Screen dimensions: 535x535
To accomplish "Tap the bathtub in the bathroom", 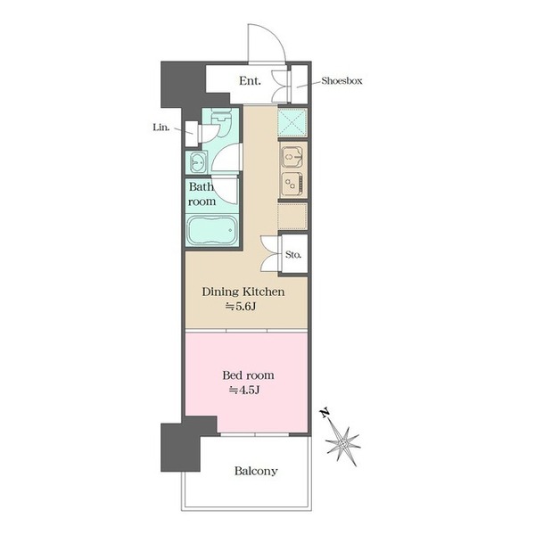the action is [x=212, y=230].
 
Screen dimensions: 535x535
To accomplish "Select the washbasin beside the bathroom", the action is [x=197, y=161].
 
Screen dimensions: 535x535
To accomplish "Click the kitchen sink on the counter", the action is [x=291, y=157].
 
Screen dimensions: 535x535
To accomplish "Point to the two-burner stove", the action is [x=292, y=185].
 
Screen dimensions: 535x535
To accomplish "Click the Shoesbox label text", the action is [x=342, y=81].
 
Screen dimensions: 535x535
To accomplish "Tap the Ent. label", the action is [x=250, y=81].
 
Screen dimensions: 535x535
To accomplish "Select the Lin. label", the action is [x=161, y=128].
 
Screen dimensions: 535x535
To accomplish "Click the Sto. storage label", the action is [x=293, y=254].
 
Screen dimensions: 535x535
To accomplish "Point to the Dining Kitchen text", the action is [x=243, y=292].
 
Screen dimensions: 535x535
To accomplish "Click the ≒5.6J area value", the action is [x=241, y=307].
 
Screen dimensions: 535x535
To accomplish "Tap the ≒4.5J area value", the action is [x=244, y=390].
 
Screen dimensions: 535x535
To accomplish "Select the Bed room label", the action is [x=248, y=375].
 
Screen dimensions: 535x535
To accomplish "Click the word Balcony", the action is [x=256, y=471].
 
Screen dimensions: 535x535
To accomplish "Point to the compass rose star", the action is [x=343, y=444].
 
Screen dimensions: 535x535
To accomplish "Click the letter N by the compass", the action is [x=325, y=413].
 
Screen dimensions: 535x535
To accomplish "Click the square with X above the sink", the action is [x=292, y=122].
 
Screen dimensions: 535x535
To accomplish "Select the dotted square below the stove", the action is [x=292, y=217].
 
